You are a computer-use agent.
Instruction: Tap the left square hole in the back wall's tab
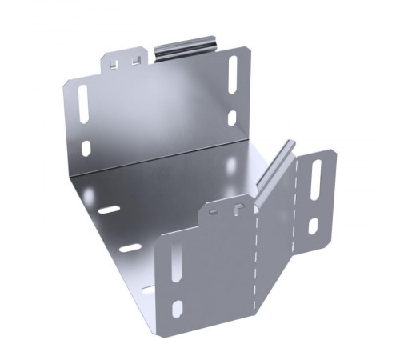tap(118, 62)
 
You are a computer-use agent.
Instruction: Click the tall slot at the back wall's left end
tap(83, 103)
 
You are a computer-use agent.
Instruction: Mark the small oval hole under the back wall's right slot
tap(232, 118)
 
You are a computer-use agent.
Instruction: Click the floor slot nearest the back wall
tap(109, 210)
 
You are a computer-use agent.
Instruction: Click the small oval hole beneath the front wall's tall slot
tap(178, 308)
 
